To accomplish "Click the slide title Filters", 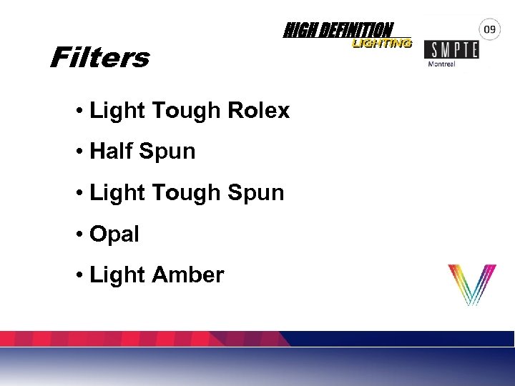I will pyautogui.click(x=99, y=57).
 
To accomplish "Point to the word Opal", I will pyautogui.click(x=114, y=234).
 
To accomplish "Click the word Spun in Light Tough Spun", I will pyautogui.click(x=255, y=193).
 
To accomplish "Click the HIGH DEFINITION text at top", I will pyautogui.click(x=338, y=30).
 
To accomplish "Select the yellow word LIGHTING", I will pyautogui.click(x=381, y=44).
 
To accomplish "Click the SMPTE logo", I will pyautogui.click(x=451, y=49).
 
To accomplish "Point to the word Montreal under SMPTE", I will pyautogui.click(x=441, y=64).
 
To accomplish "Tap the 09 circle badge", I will pyautogui.click(x=489, y=30).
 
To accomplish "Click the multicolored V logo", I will pyautogui.click(x=471, y=284).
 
